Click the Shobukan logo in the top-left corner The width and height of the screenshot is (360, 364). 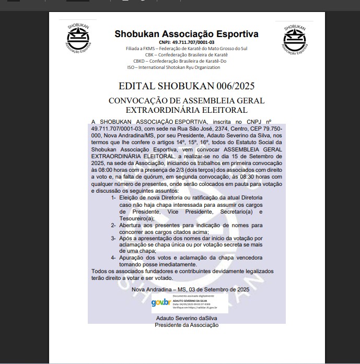coord(78,38)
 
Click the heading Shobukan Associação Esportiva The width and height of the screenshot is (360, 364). coord(187,34)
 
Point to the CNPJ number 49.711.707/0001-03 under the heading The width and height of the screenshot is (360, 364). coord(187,42)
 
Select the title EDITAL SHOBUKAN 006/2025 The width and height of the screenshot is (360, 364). coord(186,86)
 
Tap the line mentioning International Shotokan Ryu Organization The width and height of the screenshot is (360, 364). coord(173,67)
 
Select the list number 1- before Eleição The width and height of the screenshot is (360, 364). coord(114,198)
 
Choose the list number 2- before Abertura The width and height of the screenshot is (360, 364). coord(114,225)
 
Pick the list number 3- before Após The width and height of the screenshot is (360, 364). coord(114,238)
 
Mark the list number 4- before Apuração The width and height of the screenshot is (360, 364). coord(114,258)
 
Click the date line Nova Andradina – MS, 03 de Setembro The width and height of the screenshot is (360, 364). coord(190,289)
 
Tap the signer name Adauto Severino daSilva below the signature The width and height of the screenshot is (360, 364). coord(187,318)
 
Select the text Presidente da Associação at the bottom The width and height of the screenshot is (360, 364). coord(187,325)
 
